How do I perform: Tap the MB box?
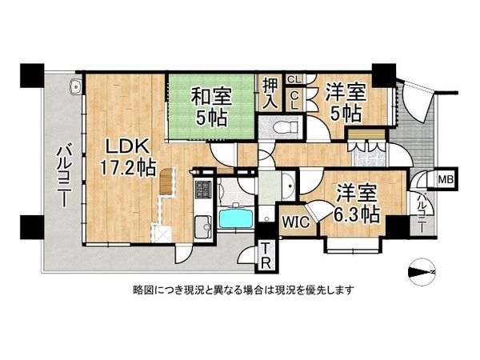click(446, 179)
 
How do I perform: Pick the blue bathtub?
click(235, 217)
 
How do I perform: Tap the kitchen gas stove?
click(202, 190)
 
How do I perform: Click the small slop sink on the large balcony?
click(74, 87)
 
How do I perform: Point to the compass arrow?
click(421, 271)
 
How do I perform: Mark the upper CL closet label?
click(294, 80)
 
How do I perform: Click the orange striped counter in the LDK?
click(166, 182)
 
